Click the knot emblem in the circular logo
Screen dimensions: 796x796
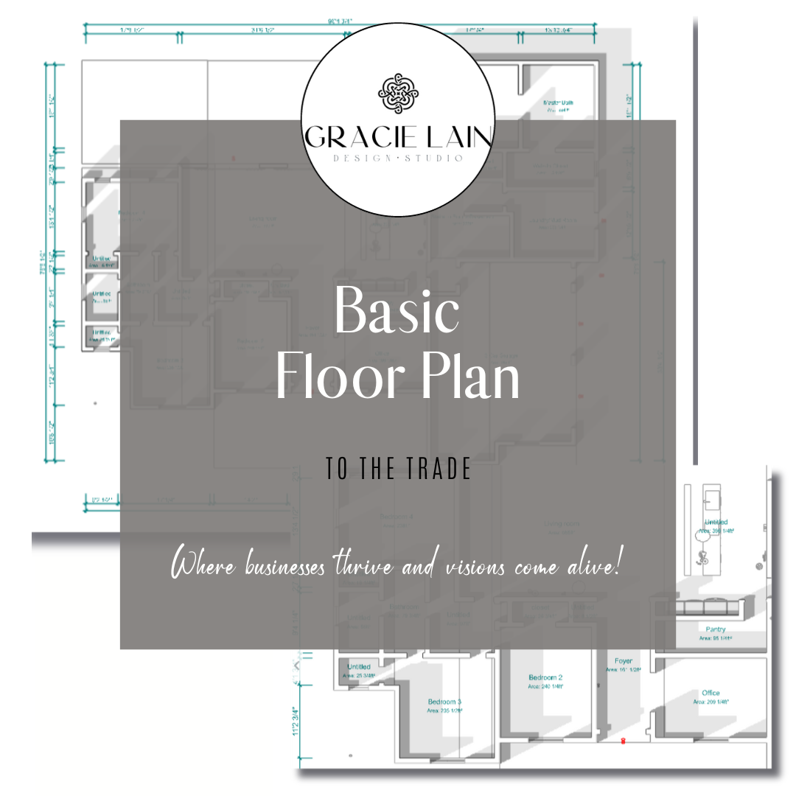[x=398, y=94]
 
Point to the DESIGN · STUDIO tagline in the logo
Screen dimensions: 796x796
[x=398, y=158]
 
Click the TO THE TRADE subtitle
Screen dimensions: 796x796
[x=398, y=470]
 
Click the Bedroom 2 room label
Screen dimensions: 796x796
[x=545, y=677]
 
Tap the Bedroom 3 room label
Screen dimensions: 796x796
[x=444, y=702]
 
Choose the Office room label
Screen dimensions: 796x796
[x=711, y=694]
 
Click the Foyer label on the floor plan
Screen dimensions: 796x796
[x=623, y=662]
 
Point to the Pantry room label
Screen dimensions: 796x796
[x=715, y=629]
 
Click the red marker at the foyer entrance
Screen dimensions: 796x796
[x=624, y=740]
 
